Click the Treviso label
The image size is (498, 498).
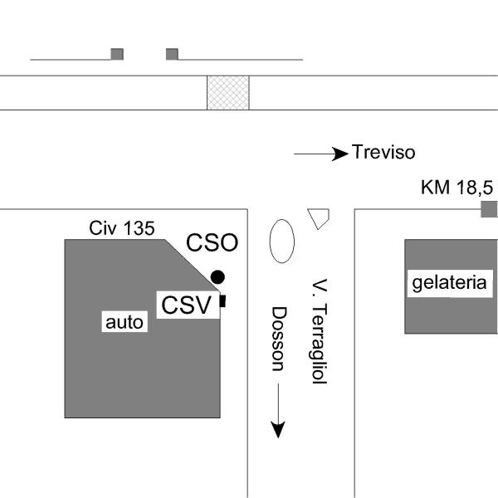click(x=383, y=153)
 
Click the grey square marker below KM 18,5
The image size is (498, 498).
click(x=489, y=209)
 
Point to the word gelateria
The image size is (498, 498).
click(x=449, y=283)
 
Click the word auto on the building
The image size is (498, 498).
click(x=124, y=322)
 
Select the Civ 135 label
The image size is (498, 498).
click(x=121, y=228)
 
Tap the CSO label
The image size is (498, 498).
click(x=212, y=242)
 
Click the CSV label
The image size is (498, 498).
click(x=187, y=305)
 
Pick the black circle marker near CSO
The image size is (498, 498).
click(x=217, y=276)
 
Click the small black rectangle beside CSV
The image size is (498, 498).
click(x=222, y=301)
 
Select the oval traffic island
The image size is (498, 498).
click(x=282, y=241)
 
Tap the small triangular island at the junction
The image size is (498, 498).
click(x=318, y=217)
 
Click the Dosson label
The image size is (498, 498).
click(x=279, y=339)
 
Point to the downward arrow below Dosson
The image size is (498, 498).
click(x=278, y=411)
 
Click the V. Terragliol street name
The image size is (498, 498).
click(x=317, y=330)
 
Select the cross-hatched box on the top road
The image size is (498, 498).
click(x=228, y=92)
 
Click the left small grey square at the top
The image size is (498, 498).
click(x=117, y=54)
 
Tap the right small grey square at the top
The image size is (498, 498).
click(x=172, y=54)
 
